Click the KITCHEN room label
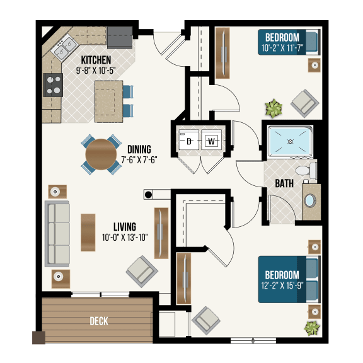pyautogui.click(x=96, y=60)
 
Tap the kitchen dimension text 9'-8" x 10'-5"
pyautogui.click(x=96, y=70)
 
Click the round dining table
pyautogui.click(x=101, y=154)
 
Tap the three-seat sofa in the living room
pyautogui.click(x=59, y=233)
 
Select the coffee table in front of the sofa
pyautogui.click(x=88, y=233)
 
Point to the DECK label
pyautogui.click(x=98, y=321)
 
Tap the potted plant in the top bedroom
pyautogui.click(x=273, y=108)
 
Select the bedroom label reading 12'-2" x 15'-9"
pyautogui.click(x=282, y=280)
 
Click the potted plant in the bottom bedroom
pyautogui.click(x=311, y=328)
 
